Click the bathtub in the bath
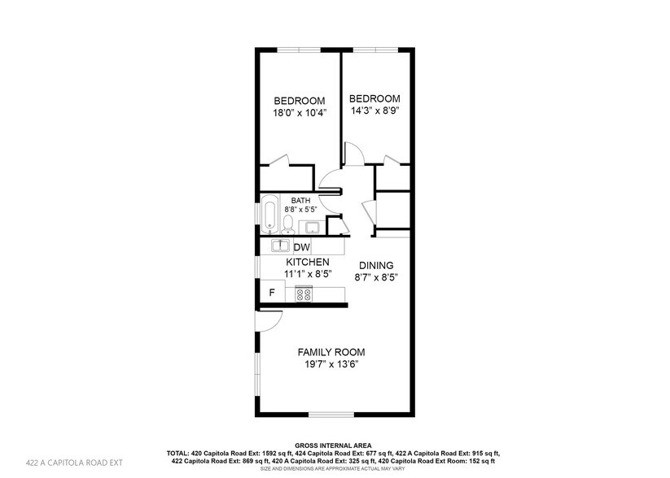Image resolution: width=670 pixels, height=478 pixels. coord(269,214)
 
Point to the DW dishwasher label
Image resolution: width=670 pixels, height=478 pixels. coord(301,247)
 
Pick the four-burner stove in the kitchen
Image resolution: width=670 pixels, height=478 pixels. coord(304,294)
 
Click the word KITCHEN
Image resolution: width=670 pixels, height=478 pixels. coord(307,263)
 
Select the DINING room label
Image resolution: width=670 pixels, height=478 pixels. coord(374,266)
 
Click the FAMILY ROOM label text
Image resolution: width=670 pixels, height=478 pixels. coord(331,352)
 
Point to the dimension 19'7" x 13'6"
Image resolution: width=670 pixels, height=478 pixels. coord(331,365)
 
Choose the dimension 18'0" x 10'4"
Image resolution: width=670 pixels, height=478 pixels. coord(299,113)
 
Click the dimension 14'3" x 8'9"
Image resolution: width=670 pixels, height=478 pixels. coord(375,111)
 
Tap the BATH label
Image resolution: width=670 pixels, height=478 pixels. coord(301,200)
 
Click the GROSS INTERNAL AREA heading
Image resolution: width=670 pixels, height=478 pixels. coord(335,445)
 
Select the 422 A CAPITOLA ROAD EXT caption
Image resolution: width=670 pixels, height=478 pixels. coord(74,463)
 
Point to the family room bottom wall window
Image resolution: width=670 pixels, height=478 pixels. coord(331,415)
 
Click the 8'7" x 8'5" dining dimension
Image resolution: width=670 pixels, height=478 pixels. coord(374,278)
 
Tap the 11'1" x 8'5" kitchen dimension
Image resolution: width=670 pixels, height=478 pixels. coord(307,275)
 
